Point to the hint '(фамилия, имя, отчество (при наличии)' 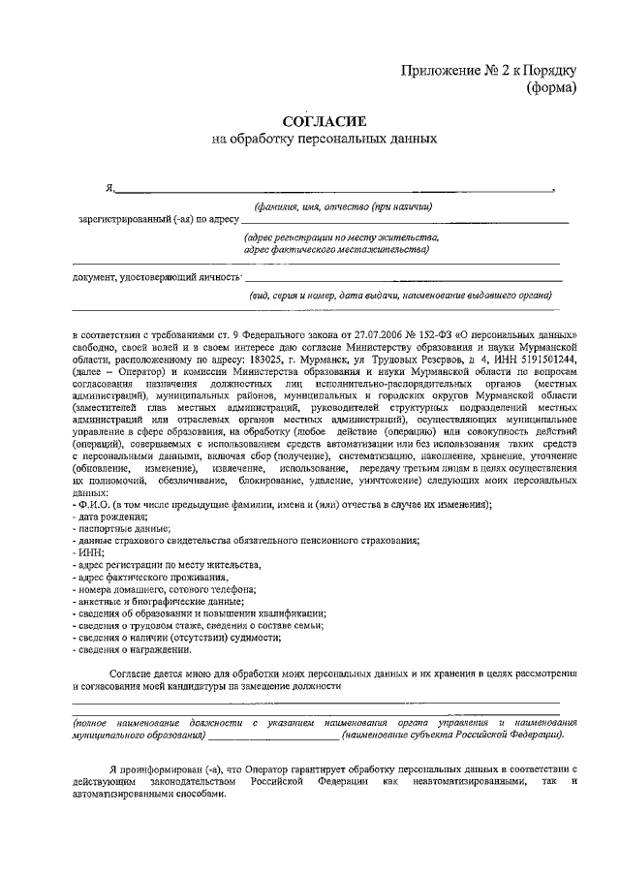343,205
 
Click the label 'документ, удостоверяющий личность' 156,279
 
